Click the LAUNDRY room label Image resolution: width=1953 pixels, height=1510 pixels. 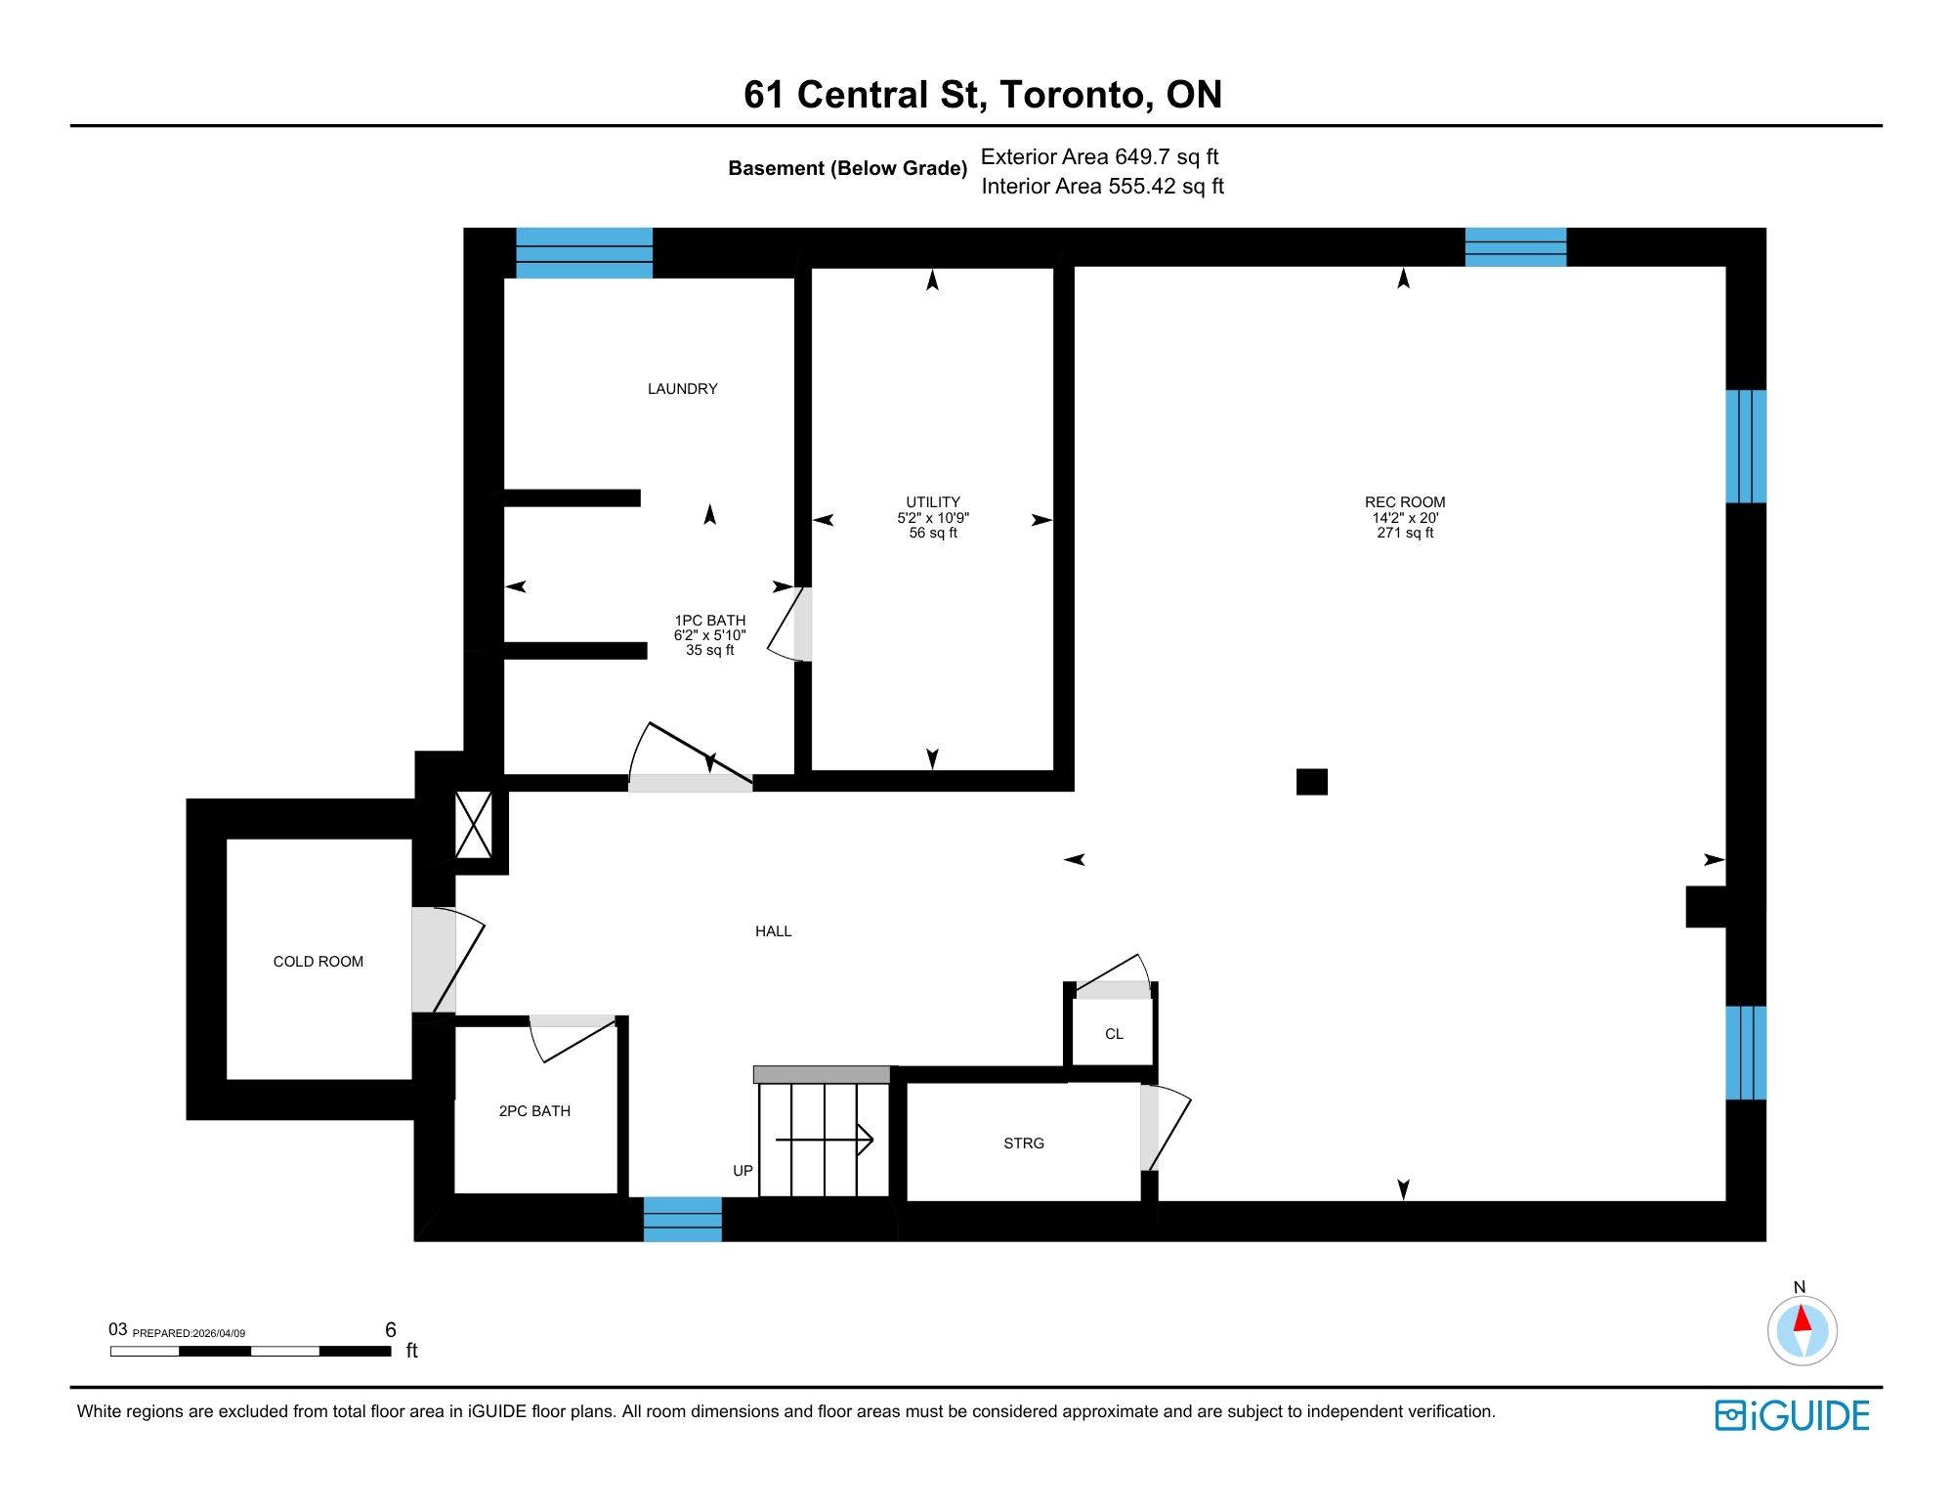[x=682, y=389]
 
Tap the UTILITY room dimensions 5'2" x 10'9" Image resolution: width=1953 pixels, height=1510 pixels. [x=933, y=518]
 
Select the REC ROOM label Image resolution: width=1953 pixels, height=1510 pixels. [x=1404, y=502]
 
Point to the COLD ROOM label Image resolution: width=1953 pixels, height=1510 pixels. [x=318, y=962]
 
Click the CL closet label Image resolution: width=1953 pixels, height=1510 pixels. [x=1114, y=1034]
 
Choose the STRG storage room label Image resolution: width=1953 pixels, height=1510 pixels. [x=1023, y=1143]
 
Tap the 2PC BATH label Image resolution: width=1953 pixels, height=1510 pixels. [x=534, y=1111]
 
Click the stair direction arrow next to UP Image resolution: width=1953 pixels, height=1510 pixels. [x=825, y=1140]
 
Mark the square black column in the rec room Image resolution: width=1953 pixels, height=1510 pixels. [x=1311, y=782]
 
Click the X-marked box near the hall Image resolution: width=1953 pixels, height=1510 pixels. [x=474, y=826]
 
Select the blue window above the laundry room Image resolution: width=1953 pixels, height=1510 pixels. [x=583, y=253]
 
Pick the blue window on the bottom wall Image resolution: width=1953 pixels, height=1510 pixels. [x=682, y=1220]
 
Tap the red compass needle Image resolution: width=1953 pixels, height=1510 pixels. [x=1803, y=1318]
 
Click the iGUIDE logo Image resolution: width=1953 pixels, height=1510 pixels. [x=1792, y=1416]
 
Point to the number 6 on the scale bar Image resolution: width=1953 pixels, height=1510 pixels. [x=391, y=1329]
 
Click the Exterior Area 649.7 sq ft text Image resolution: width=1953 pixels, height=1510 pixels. [x=1099, y=157]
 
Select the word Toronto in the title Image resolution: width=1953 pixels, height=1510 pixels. [x=1072, y=95]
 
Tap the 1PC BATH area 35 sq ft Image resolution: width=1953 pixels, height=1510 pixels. [x=709, y=650]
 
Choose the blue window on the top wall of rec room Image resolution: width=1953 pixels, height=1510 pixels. [x=1514, y=247]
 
